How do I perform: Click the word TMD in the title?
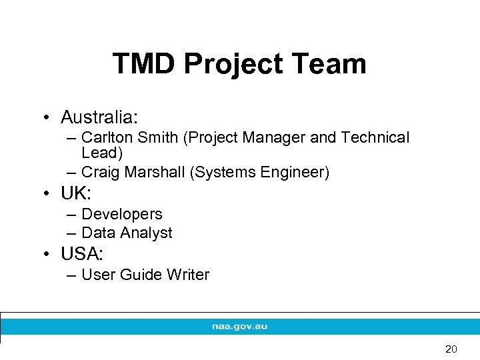click(144, 64)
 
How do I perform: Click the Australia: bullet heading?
click(99, 118)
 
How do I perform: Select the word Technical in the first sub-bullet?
click(375, 137)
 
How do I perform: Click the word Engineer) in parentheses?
click(295, 173)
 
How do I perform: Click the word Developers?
click(121, 214)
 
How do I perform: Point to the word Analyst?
click(147, 233)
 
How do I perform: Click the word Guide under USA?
click(141, 275)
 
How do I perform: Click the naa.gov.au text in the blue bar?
click(239, 327)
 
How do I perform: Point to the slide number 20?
click(451, 349)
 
